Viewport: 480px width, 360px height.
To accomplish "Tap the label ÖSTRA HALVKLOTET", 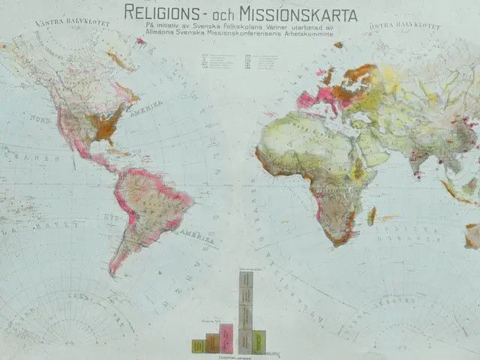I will [x=398, y=27].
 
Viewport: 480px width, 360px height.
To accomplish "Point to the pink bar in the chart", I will [x=226, y=338].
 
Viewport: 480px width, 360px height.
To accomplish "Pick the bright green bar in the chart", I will [x=259, y=341].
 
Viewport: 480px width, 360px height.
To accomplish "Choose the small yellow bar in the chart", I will [x=198, y=346].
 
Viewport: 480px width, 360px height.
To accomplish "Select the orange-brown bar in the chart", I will [x=212, y=343].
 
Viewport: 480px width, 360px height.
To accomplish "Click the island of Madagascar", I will [x=372, y=215].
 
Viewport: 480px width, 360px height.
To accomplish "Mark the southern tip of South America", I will [x=114, y=271].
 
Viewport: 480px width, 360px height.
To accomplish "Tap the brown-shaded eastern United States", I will [x=105, y=124].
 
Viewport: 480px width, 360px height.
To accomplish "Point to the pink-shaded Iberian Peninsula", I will [x=307, y=100].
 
